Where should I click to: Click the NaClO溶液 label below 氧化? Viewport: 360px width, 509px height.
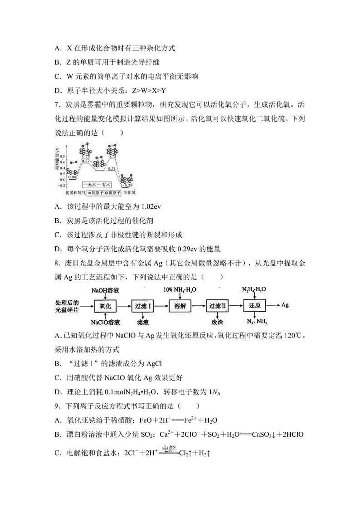point(105,322)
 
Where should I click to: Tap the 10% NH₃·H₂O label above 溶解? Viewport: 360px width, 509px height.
point(180,289)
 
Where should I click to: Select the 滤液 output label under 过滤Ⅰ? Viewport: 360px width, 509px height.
point(142,322)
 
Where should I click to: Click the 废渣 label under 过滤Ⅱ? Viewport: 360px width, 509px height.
point(217,322)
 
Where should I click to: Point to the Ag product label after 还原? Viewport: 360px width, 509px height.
point(285,305)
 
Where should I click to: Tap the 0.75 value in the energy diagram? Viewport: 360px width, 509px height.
point(85,156)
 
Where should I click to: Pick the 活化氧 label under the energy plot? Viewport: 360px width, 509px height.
point(129,192)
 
